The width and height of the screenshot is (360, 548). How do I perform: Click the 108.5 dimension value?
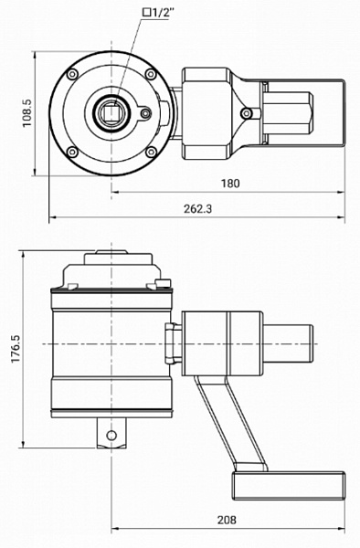[26, 113]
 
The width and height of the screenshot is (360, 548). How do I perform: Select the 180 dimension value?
[230, 184]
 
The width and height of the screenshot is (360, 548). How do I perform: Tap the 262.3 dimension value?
[197, 209]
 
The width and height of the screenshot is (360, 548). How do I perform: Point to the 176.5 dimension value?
[16, 349]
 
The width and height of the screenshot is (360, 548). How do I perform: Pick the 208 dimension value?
[227, 520]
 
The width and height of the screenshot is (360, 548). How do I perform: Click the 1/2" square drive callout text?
[158, 13]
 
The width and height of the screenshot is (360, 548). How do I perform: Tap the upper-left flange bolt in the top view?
[72, 74]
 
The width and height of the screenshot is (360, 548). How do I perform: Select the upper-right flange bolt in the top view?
[151, 74]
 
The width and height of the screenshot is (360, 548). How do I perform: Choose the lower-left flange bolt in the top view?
[72, 152]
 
